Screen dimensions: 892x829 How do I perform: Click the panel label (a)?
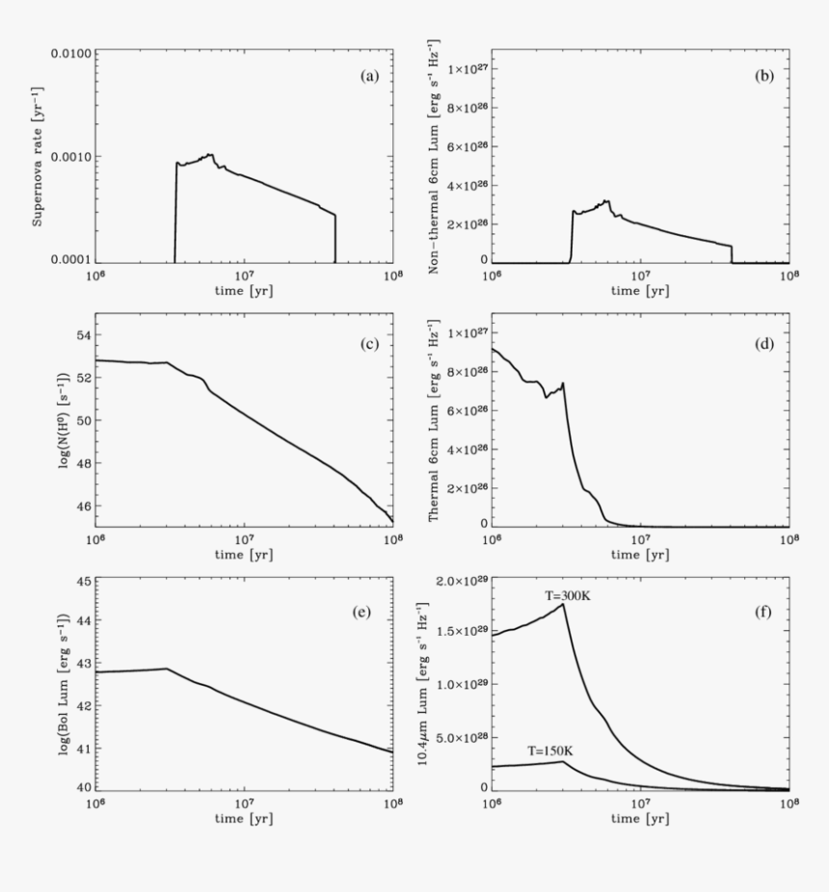coord(368,76)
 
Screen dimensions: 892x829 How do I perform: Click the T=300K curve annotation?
coord(566,596)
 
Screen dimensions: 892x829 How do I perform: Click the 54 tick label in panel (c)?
coord(80,335)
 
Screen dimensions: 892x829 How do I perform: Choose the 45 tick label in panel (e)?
coord(80,582)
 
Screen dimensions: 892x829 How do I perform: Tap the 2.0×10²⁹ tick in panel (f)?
coord(456,581)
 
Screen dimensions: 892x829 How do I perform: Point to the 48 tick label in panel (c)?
coord(80,463)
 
